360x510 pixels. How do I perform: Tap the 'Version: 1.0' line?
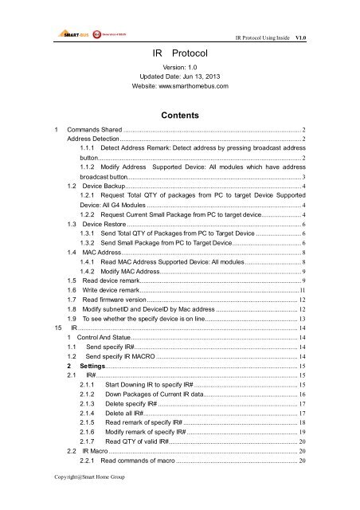[x=180, y=66]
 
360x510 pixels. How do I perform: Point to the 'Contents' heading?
[x=180, y=114]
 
